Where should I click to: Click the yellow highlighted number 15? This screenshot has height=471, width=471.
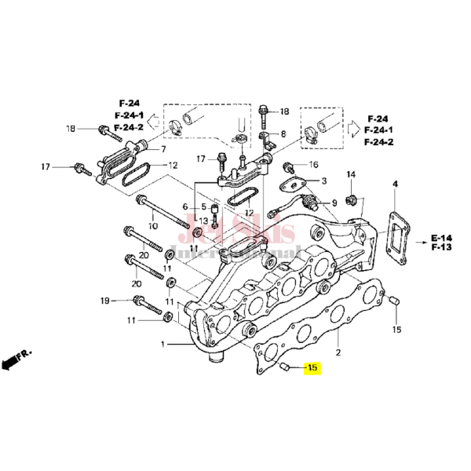312,367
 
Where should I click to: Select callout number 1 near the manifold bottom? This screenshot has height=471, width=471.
163,345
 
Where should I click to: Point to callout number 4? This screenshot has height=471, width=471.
395,184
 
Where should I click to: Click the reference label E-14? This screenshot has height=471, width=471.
442,237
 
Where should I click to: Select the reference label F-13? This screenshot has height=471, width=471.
442,247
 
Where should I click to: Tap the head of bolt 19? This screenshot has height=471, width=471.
141,301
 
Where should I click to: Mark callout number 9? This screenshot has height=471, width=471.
334,203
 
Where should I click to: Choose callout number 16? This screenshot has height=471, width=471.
313,165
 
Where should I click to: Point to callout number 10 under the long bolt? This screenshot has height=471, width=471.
152,226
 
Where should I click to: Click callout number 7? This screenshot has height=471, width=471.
162,148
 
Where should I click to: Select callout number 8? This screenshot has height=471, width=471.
283,134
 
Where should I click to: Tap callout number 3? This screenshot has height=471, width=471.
323,181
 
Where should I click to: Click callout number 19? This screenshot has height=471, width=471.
104,301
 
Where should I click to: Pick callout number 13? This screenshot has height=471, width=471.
203,221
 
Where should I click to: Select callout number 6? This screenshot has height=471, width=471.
186,207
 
